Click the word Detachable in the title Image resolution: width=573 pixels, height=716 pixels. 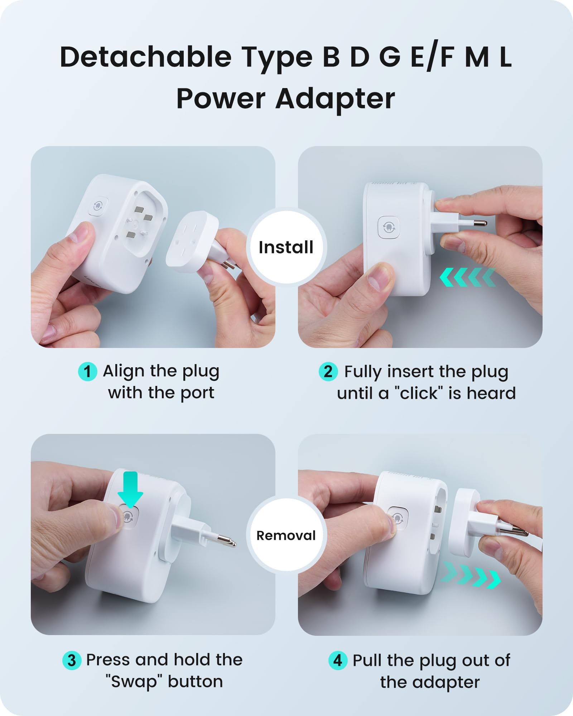click(146, 57)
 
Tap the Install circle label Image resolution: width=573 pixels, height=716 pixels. click(286, 247)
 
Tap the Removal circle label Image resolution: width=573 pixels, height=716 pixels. click(286, 536)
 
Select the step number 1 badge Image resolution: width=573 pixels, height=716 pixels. click(87, 372)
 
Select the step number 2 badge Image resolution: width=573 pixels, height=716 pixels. click(328, 372)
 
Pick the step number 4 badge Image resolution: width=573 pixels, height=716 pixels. click(338, 661)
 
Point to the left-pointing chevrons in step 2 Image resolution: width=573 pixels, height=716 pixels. click(468, 277)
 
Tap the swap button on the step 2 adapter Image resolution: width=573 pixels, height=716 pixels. click(389, 227)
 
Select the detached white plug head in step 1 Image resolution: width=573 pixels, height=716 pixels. click(192, 240)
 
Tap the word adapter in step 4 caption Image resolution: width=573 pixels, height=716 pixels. click(447, 683)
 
